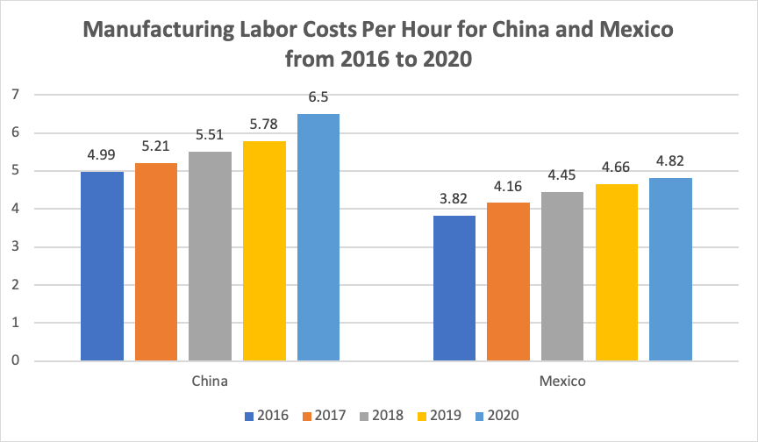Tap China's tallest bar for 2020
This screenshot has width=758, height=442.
click(318, 237)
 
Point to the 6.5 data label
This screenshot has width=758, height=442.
click(318, 98)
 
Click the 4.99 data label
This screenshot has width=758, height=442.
click(102, 155)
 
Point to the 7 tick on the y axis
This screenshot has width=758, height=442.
click(15, 95)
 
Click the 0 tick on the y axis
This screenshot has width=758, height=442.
click(15, 360)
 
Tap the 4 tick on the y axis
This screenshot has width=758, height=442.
click(15, 209)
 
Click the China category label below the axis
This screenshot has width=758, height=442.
click(210, 382)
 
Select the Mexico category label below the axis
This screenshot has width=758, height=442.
click(562, 382)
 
